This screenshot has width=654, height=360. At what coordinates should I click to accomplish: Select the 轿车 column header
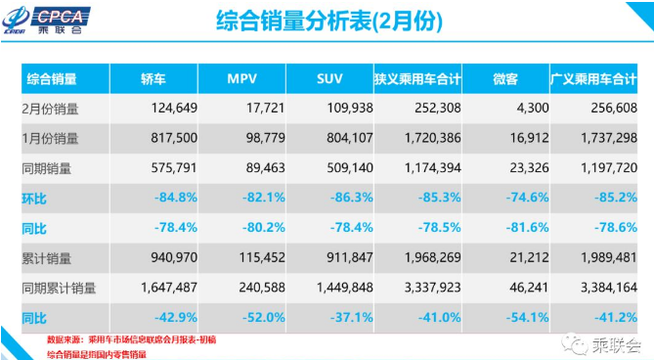click(153, 78)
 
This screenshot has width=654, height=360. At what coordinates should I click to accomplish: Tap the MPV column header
click(242, 78)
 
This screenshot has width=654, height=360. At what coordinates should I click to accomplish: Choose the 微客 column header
click(502, 78)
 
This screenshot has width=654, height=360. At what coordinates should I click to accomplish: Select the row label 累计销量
click(48, 259)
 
